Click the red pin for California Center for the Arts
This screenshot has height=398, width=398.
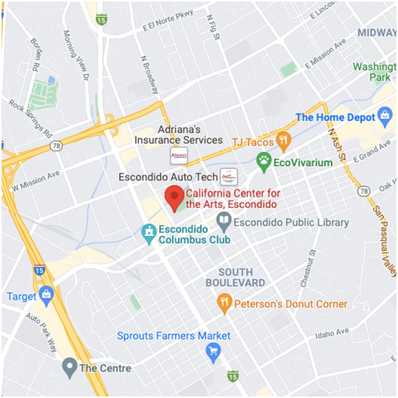tap(174, 197)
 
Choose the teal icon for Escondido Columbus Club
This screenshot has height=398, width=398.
tap(150, 234)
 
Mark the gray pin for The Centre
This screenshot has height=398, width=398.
tap(70, 367)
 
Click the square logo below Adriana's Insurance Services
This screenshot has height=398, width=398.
tap(179, 156)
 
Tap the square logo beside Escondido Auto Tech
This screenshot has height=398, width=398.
tap(229, 177)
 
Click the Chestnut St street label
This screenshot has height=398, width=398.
tap(308, 269)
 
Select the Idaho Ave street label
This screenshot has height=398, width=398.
tap(332, 334)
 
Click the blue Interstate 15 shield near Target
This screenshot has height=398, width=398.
tap(39, 269)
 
